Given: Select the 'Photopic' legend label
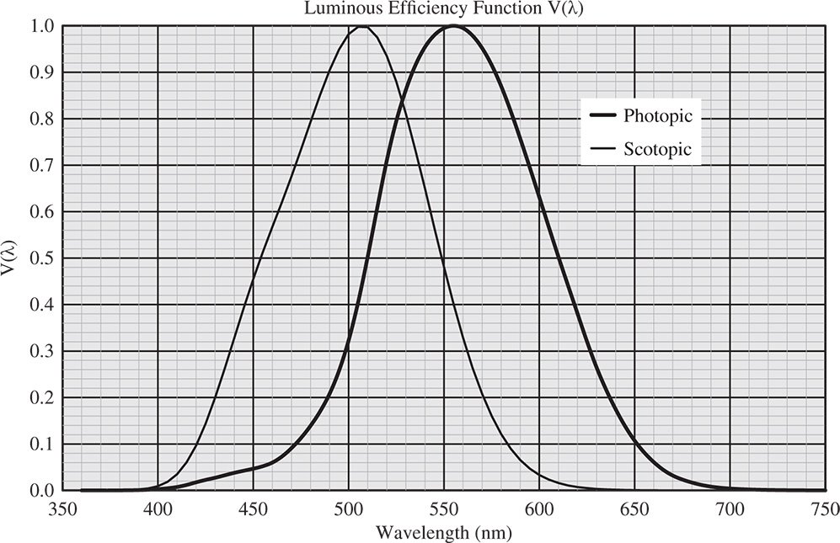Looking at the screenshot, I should tap(657, 116).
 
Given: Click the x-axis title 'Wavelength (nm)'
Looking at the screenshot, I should tap(443, 532).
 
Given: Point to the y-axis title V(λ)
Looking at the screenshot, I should tap(9, 258).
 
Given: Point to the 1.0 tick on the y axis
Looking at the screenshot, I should tap(44, 26).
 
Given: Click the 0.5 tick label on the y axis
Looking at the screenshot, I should tap(44, 258).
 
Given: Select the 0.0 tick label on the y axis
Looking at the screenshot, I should tap(44, 491).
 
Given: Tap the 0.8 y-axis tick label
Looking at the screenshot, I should tap(44, 120).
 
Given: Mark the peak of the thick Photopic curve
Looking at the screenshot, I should tap(453, 26).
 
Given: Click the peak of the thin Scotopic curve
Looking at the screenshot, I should tap(362, 26).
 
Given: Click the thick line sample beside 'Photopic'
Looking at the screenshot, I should tap(602, 116).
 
